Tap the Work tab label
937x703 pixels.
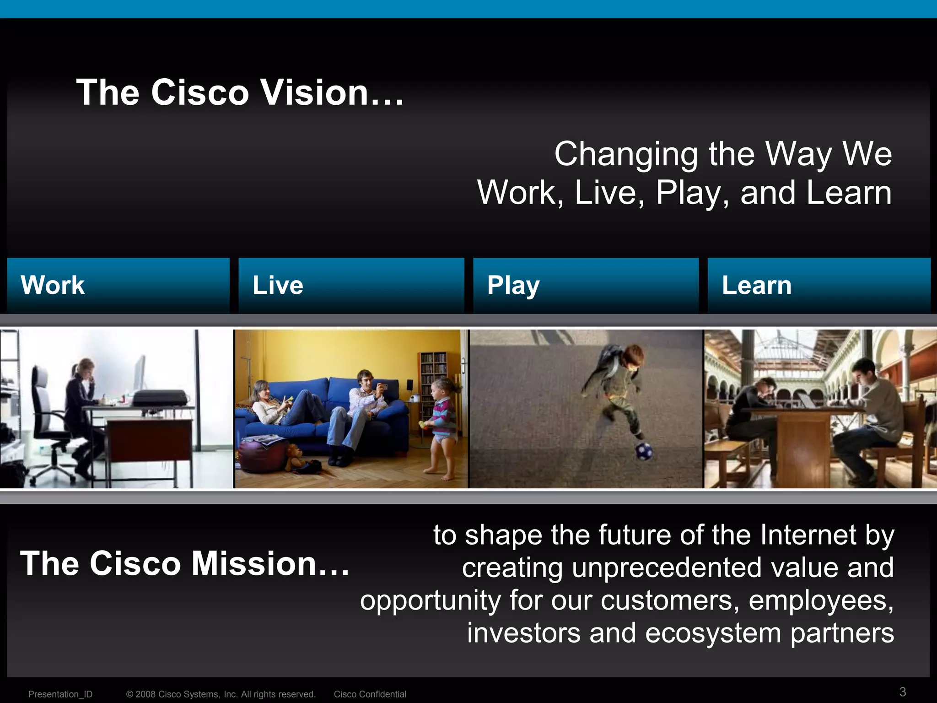[53, 285]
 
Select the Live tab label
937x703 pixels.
[278, 285]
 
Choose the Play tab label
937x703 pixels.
[513, 286]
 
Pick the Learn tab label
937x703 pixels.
[756, 285]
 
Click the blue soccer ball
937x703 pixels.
[643, 451]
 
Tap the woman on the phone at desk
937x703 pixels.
[82, 403]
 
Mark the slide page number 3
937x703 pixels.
[903, 692]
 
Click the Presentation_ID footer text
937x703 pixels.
[60, 694]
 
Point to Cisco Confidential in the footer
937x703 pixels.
[370, 694]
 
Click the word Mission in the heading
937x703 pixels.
[253, 563]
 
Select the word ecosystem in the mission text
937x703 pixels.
[713, 633]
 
